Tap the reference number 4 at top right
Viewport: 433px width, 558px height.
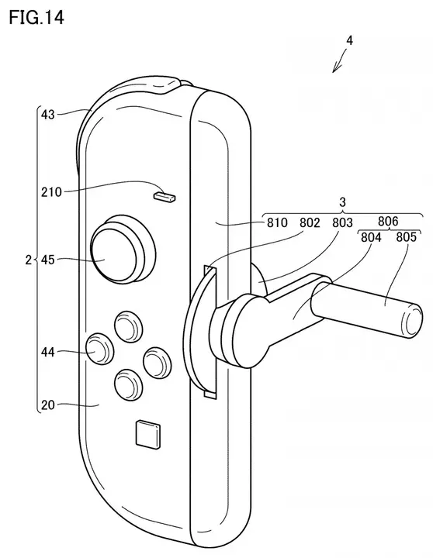pyautogui.click(x=351, y=40)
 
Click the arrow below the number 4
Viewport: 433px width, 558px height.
pyautogui.click(x=338, y=64)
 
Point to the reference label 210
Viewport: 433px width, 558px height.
pyautogui.click(x=53, y=190)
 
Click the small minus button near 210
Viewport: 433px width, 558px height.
pyautogui.click(x=165, y=198)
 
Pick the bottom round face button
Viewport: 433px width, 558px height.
pyautogui.click(x=127, y=384)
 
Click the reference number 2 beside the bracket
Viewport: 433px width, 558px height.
pyautogui.click(x=26, y=260)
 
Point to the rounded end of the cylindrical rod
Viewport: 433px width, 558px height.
pyautogui.click(x=412, y=319)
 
